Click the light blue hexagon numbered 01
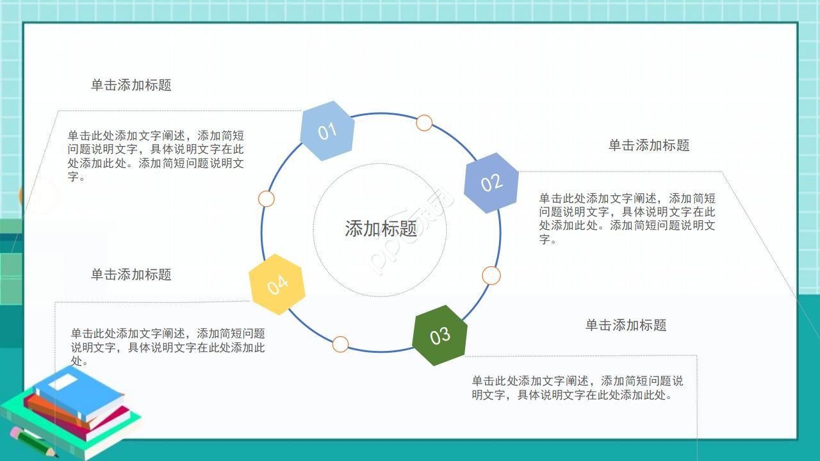(x=327, y=131)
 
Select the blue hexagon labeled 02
(x=491, y=183)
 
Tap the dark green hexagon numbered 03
(x=439, y=336)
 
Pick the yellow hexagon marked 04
(x=277, y=284)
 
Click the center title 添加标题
(x=381, y=229)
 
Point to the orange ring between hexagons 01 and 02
(x=424, y=123)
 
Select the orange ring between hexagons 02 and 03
(x=491, y=275)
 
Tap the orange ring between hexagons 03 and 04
(x=340, y=344)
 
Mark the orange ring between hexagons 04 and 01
(x=266, y=198)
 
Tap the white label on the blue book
(x=62, y=383)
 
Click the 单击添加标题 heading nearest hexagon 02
(x=648, y=145)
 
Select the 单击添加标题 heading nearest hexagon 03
(x=626, y=325)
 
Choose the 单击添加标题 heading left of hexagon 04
(x=131, y=275)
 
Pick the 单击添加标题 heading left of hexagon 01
(x=131, y=85)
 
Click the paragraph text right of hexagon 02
(x=627, y=219)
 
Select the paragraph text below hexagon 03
(x=577, y=388)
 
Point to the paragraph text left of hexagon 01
(x=156, y=156)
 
